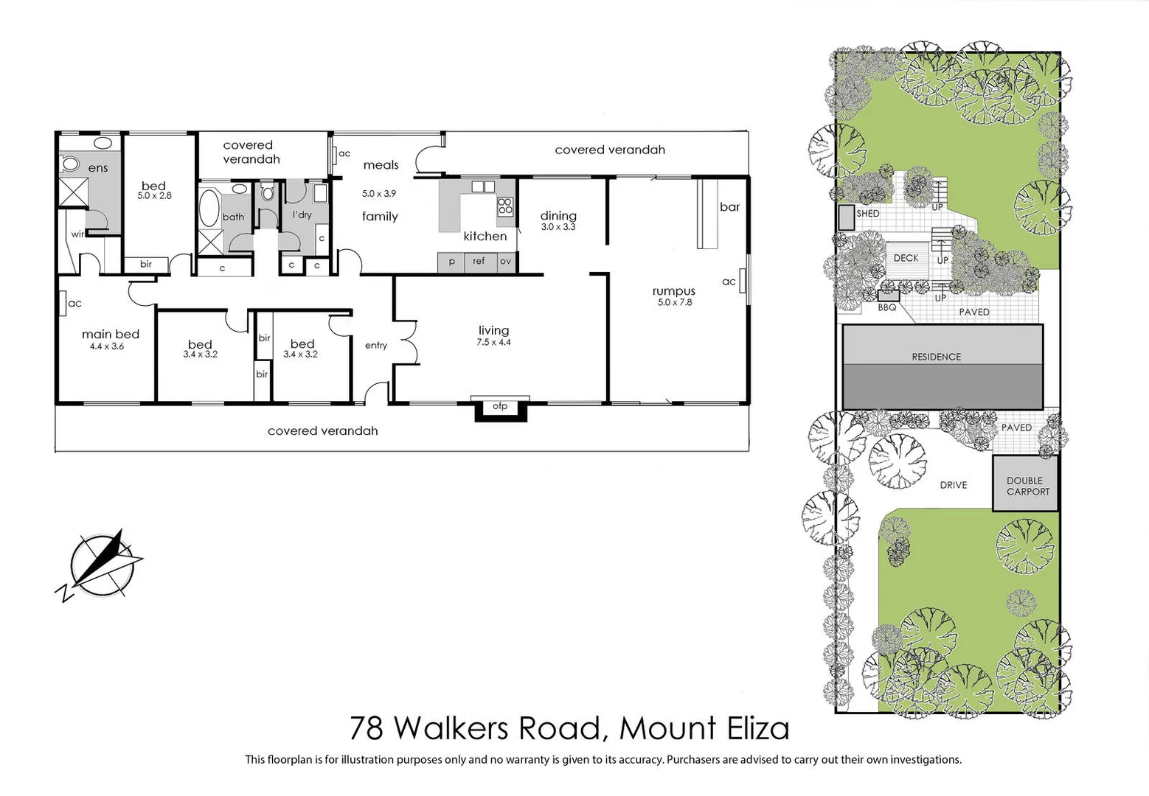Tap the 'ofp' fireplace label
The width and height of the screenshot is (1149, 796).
click(x=500, y=406)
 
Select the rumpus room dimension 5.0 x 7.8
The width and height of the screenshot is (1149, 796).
click(x=674, y=302)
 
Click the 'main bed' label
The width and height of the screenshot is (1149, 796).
click(x=111, y=334)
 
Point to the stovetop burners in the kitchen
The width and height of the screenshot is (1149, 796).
click(x=505, y=206)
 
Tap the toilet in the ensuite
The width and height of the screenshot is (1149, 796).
click(x=71, y=164)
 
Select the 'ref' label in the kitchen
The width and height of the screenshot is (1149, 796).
click(x=479, y=261)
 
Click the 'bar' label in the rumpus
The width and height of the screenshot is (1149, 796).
click(x=729, y=207)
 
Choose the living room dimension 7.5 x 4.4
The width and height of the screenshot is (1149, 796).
click(x=493, y=342)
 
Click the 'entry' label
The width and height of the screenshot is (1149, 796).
click(x=376, y=345)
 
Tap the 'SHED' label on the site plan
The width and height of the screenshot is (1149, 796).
click(x=867, y=213)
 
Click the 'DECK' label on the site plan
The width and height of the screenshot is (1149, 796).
click(x=906, y=258)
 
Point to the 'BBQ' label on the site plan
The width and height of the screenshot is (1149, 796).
click(x=886, y=307)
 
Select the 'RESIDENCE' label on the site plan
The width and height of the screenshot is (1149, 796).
click(x=936, y=357)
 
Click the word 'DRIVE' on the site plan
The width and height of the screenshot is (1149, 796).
click(x=953, y=485)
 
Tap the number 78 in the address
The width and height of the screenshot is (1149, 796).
click(x=367, y=728)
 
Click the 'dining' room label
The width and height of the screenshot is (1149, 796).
click(x=558, y=215)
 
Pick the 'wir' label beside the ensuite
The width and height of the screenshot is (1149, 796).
click(x=77, y=234)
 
